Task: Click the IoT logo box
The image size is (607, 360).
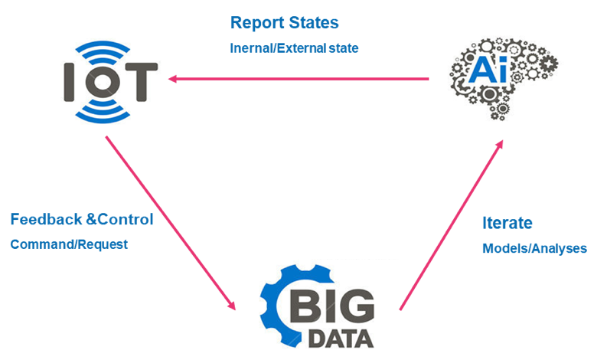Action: (x=106, y=78)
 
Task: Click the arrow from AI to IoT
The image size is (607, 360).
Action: (x=299, y=77)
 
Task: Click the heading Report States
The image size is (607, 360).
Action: (x=284, y=22)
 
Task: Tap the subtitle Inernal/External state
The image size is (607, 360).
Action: (x=295, y=47)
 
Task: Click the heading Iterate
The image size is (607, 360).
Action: (x=507, y=224)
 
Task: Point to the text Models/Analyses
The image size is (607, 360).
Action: (x=534, y=249)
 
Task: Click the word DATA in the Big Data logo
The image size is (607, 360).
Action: (x=341, y=338)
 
